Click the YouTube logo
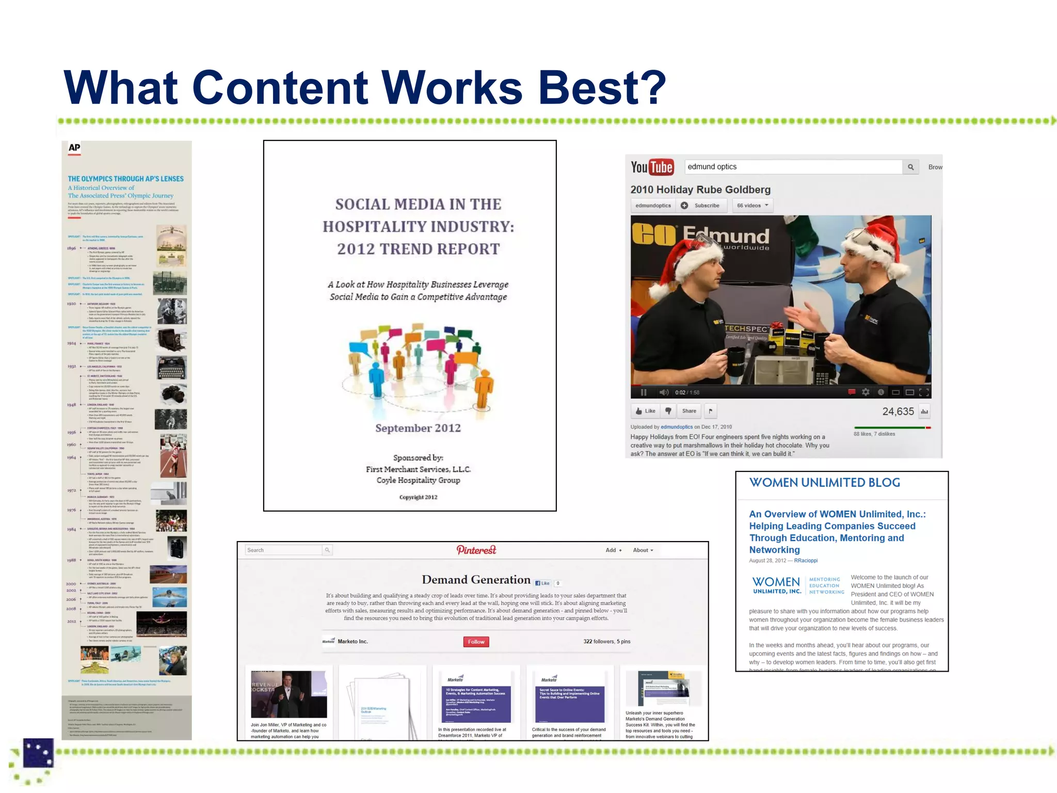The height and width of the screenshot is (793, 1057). pyautogui.click(x=652, y=167)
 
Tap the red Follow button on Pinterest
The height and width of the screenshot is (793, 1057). pyautogui.click(x=476, y=642)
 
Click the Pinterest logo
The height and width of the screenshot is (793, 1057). pyautogui.click(x=476, y=550)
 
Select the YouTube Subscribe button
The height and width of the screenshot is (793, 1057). pyautogui.click(x=701, y=205)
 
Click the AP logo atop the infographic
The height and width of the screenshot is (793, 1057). pyautogui.click(x=74, y=148)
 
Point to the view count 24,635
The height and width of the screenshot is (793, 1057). pyautogui.click(x=898, y=411)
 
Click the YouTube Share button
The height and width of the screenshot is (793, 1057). pyautogui.click(x=688, y=411)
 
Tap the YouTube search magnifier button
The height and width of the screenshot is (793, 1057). pyautogui.click(x=910, y=167)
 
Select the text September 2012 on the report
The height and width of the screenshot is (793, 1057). pyautogui.click(x=418, y=428)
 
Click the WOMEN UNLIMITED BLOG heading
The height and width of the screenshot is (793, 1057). pyautogui.click(x=824, y=483)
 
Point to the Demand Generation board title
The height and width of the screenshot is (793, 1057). pyautogui.click(x=476, y=580)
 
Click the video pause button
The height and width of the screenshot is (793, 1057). pyautogui.click(x=644, y=392)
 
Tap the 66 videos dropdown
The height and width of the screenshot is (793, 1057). pyautogui.click(x=752, y=205)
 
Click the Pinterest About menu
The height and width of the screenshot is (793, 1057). pyautogui.click(x=643, y=550)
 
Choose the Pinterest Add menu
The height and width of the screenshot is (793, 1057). pyautogui.click(x=613, y=550)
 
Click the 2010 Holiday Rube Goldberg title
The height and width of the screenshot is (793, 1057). pyautogui.click(x=700, y=189)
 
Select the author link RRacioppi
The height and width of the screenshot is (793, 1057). pyautogui.click(x=806, y=561)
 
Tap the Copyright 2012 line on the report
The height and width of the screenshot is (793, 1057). pyautogui.click(x=418, y=497)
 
